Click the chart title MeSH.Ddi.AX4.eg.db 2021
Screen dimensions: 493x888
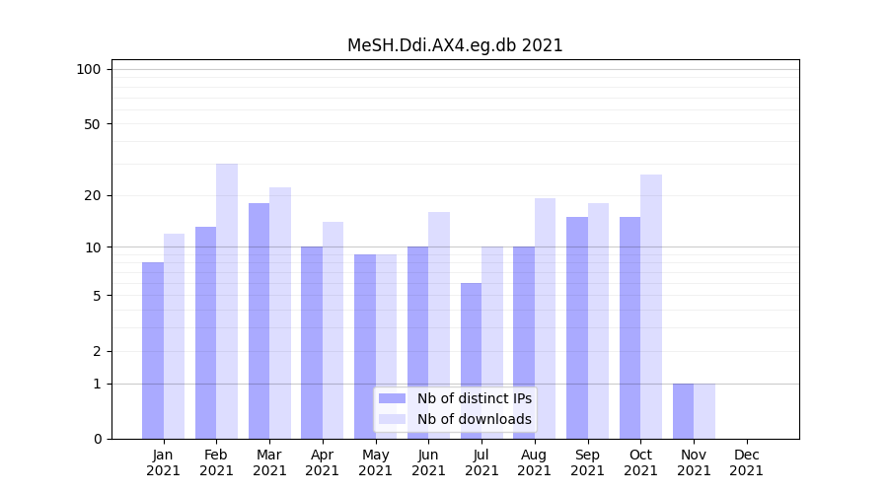click(x=455, y=45)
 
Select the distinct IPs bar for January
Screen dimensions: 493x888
click(x=153, y=350)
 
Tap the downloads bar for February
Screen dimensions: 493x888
click(x=227, y=301)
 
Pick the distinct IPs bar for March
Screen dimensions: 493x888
click(x=259, y=320)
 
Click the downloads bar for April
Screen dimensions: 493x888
click(x=333, y=330)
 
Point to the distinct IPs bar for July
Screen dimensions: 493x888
click(x=471, y=360)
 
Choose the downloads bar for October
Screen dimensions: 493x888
click(x=650, y=306)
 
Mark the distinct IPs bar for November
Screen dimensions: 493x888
click(x=683, y=410)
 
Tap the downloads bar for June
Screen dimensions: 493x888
click(x=439, y=325)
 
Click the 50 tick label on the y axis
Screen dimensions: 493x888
click(x=93, y=124)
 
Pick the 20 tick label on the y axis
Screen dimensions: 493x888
click(x=93, y=195)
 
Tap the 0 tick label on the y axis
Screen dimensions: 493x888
click(x=97, y=439)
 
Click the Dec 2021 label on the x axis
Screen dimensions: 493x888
click(x=746, y=462)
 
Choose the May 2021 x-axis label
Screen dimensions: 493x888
click(x=375, y=462)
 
